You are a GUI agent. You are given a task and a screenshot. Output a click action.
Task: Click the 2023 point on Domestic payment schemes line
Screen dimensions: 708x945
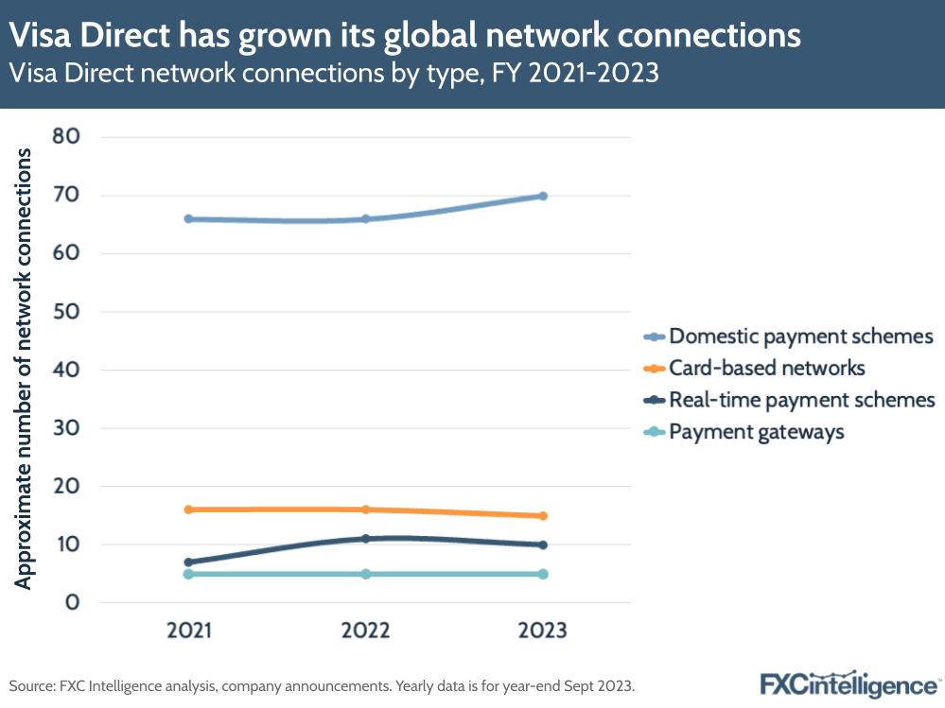coord(543,196)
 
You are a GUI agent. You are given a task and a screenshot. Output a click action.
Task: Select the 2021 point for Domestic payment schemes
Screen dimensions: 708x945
coord(188,218)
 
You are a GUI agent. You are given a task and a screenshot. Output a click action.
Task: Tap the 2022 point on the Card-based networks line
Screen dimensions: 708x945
coord(365,509)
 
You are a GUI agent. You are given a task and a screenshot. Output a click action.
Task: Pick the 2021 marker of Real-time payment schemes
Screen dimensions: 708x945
coord(188,562)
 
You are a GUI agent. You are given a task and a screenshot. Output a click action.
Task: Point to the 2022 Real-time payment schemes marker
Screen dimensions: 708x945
coord(365,539)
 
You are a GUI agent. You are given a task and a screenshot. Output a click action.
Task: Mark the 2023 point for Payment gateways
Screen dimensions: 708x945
coord(543,574)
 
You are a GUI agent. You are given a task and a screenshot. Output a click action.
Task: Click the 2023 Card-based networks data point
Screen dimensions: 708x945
coord(543,516)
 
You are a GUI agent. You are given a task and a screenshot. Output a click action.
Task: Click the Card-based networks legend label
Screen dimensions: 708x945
coord(766,368)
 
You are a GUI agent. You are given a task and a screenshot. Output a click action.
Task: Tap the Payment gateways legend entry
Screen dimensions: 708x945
coord(756,432)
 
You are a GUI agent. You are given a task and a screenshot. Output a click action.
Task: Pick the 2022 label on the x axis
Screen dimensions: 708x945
coord(365,630)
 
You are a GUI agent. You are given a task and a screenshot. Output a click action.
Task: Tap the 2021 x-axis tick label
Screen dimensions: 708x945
coord(188,630)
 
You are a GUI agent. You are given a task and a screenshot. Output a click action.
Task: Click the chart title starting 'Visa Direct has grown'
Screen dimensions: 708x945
coord(405,36)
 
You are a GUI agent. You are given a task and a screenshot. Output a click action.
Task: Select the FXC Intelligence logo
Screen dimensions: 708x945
coord(850,683)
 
